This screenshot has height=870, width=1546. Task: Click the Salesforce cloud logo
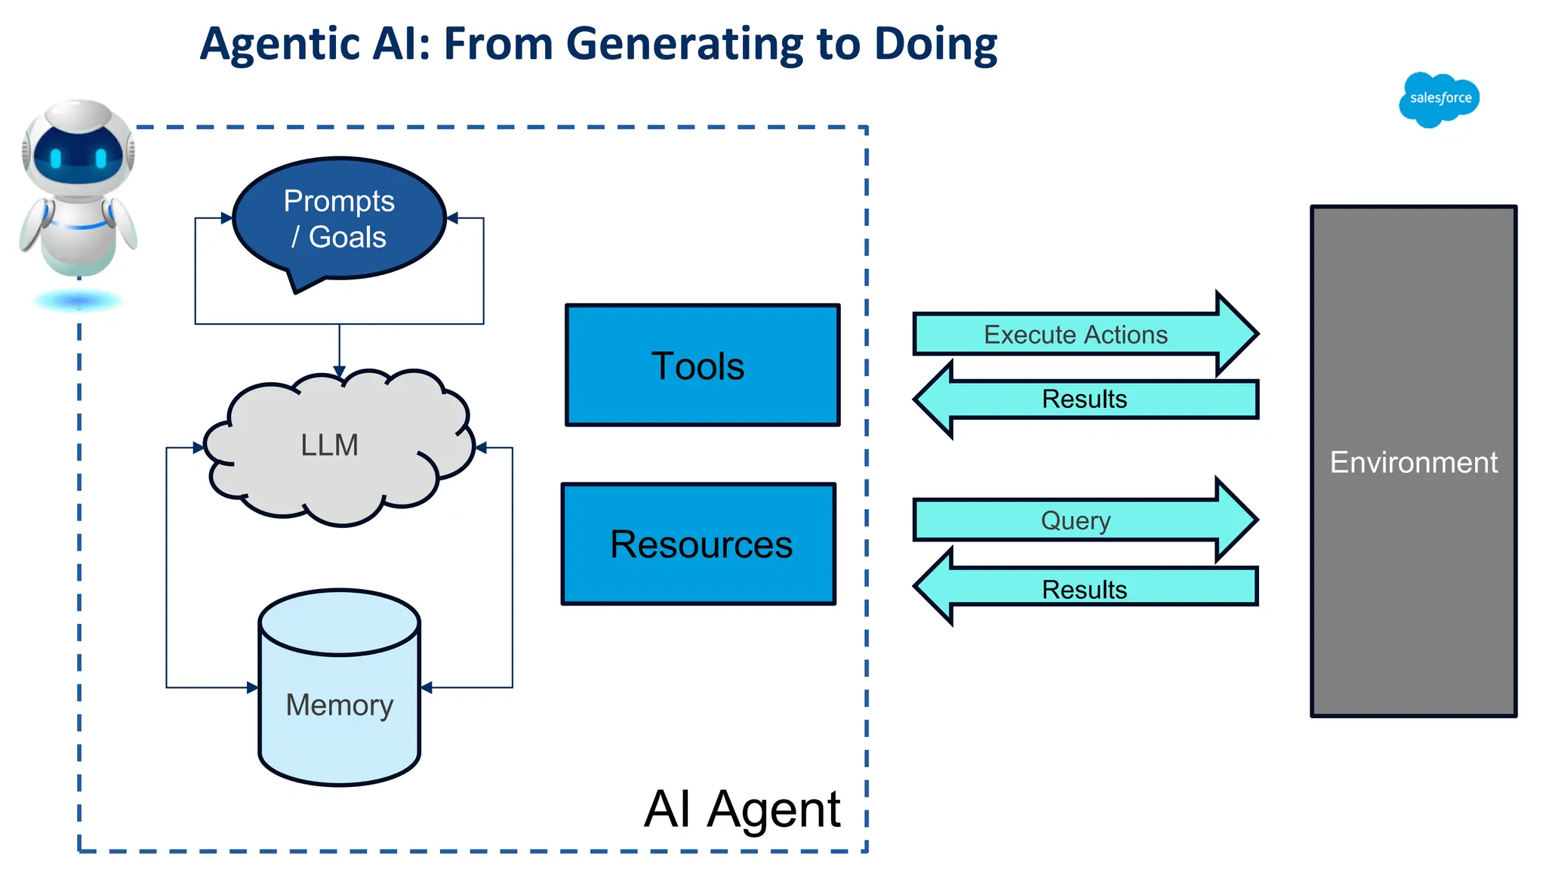(1439, 99)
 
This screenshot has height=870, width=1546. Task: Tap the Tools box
(702, 366)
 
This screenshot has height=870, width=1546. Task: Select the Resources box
(699, 544)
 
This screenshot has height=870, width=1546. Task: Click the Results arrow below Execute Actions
(1084, 400)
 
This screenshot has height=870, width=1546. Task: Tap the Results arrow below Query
(1084, 588)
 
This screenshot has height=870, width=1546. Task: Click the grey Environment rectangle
(1413, 461)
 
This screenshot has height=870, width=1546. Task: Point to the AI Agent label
(742, 809)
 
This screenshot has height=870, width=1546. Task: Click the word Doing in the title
(935, 44)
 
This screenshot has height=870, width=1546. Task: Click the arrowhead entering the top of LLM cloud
(339, 372)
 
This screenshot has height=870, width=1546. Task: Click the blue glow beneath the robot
(78, 302)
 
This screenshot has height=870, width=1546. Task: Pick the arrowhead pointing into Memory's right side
(427, 687)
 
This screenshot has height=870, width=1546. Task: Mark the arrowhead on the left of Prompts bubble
(226, 218)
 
